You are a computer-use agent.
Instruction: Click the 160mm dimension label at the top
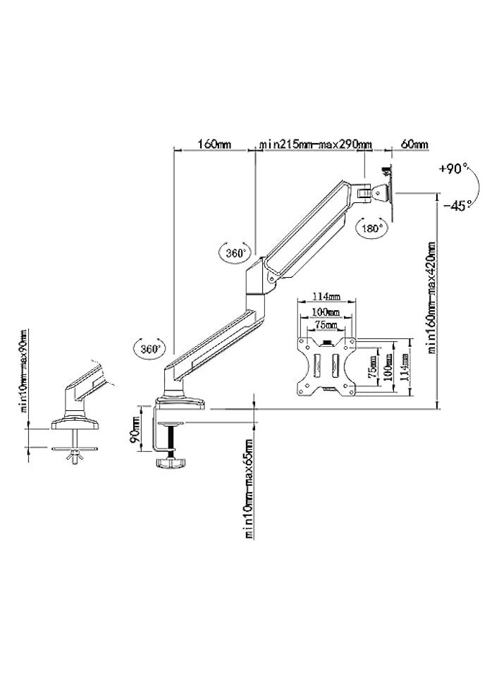coord(214,145)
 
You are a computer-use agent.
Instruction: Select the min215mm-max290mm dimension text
coord(315,145)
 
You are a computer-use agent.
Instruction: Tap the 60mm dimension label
coord(414,145)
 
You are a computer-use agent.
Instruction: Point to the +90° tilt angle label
coord(452,169)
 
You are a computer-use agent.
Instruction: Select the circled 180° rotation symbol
coord(371,228)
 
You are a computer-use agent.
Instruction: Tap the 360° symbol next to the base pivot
coord(149,348)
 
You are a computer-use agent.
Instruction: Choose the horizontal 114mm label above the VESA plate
coord(327,297)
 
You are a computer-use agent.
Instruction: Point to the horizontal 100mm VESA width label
coord(326,312)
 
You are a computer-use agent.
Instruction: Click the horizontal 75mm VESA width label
coord(326,324)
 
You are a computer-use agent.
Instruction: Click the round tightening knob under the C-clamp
coord(169,462)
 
